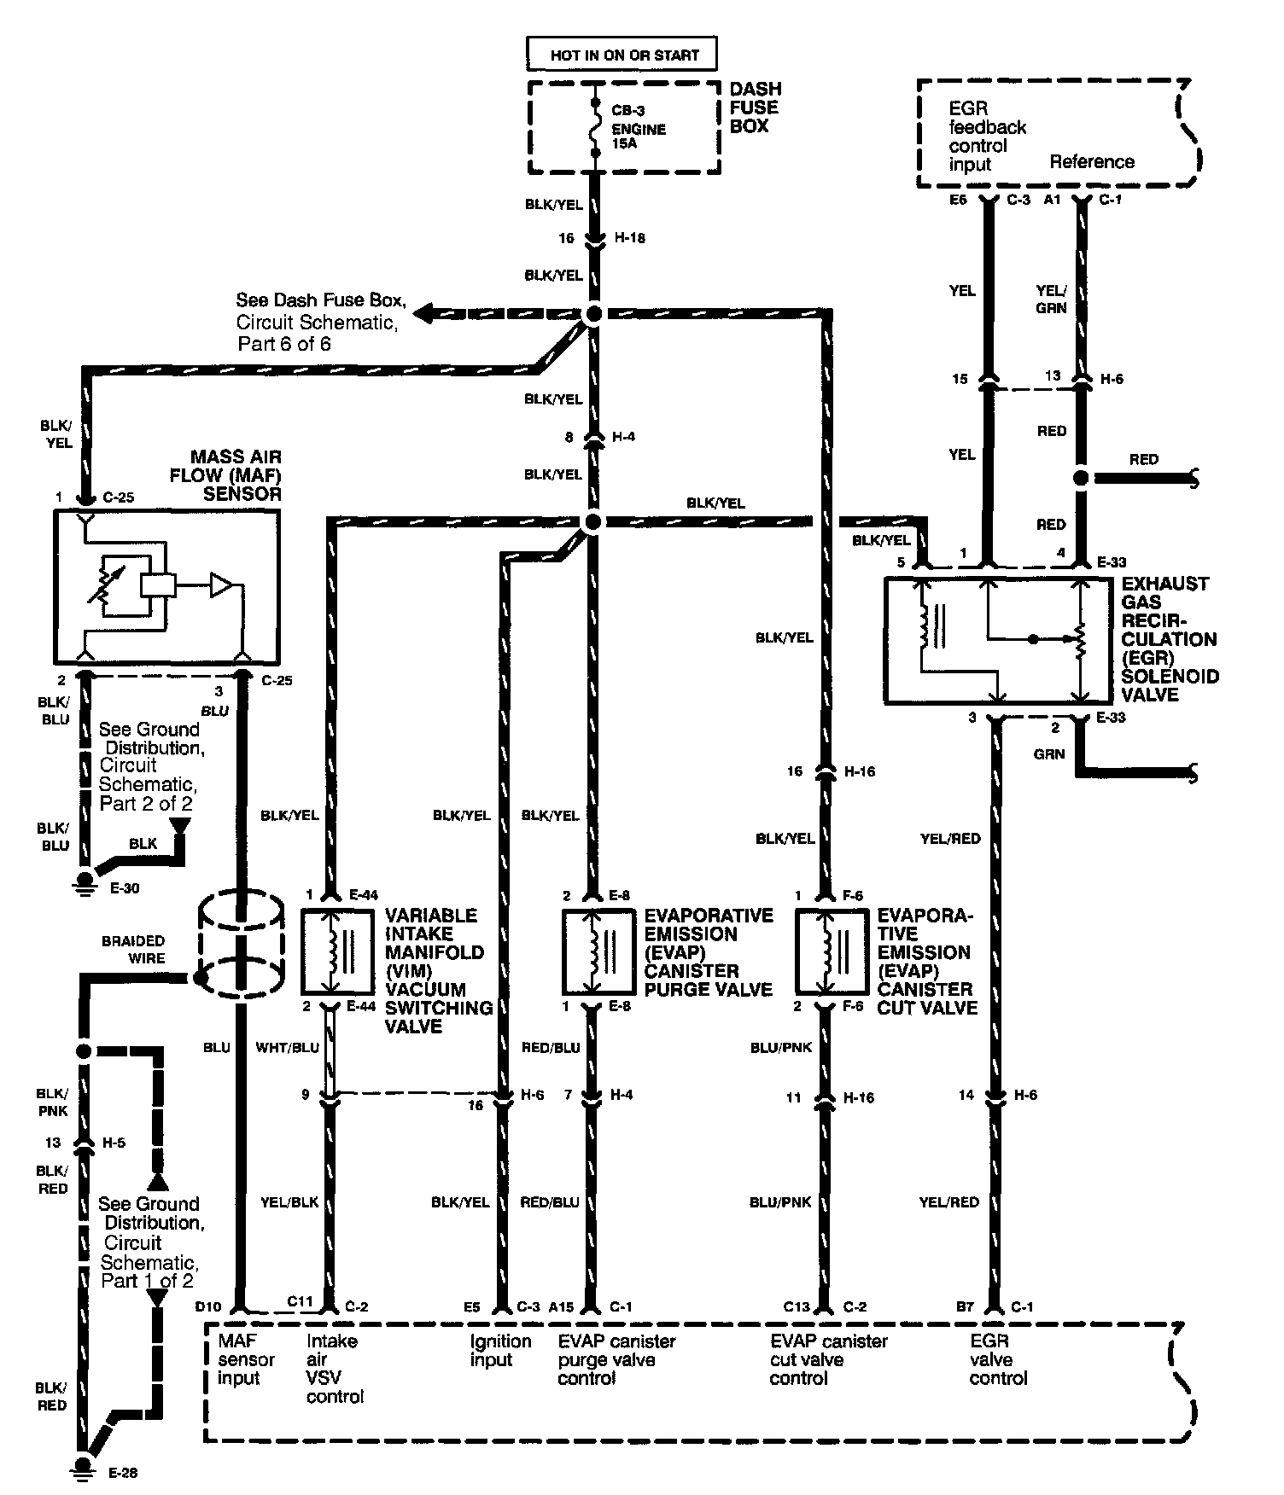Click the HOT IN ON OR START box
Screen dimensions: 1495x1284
622,55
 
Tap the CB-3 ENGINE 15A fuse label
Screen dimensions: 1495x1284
639,130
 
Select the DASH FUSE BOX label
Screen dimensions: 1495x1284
754,108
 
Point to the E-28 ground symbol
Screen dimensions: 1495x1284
84,1464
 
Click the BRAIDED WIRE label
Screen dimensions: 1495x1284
133,949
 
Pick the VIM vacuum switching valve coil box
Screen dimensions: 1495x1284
336,951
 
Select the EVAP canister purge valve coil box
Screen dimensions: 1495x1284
598,951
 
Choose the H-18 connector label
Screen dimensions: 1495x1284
630,238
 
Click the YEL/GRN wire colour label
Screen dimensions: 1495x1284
1051,300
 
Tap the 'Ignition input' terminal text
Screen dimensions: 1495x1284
501,1350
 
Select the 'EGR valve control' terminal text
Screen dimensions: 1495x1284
998,1359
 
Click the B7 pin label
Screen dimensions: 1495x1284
965,1306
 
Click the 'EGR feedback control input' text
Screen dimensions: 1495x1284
987,137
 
